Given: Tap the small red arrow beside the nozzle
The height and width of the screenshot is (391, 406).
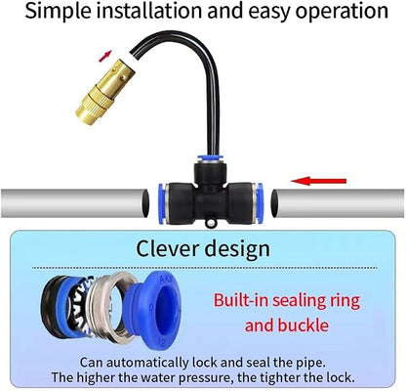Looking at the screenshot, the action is coord(105,56).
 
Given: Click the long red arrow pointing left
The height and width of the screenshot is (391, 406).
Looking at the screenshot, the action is coord(319,181).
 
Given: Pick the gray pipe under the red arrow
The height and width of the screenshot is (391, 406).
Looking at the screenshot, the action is coord(339,203).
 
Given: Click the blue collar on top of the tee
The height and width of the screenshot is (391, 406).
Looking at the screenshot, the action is coord(208,159).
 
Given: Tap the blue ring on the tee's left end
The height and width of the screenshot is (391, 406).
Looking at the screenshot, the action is coord(162,204).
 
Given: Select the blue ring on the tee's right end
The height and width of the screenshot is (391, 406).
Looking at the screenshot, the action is coord(259,203).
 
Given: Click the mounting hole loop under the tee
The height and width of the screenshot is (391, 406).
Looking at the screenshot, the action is coord(210,223).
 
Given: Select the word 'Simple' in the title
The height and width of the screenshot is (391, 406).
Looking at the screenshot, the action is coord(59,12).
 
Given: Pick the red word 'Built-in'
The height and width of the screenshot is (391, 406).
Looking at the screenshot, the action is coord(241,300).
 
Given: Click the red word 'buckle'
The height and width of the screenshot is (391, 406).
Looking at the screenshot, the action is coord(304,325).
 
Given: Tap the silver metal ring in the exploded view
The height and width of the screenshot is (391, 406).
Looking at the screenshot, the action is coord(110,308).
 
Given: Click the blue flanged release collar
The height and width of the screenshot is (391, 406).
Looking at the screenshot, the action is coord(153,310).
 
